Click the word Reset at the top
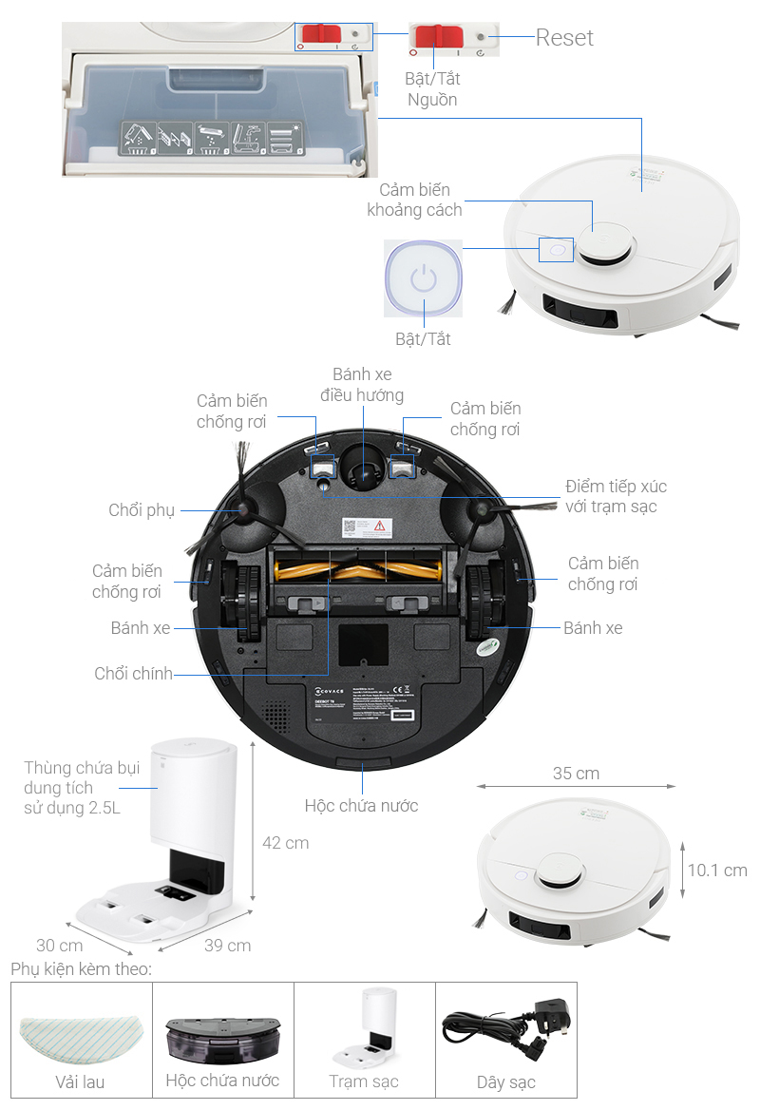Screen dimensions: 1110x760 pos(564,38)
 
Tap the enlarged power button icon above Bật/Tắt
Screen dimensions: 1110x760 pos(423,279)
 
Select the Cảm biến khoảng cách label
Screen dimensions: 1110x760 pos(415,200)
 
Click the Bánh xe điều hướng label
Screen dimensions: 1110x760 pos(362,385)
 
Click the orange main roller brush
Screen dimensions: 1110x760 pos(360,572)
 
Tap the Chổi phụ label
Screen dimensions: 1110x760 pos(142,511)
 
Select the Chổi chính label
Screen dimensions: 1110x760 pos(134,674)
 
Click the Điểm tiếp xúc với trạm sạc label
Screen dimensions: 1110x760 pos(616,496)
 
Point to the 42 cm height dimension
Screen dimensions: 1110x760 pos(285,843)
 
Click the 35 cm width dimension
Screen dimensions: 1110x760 pos(576,774)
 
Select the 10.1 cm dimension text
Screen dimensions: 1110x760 pos(716,871)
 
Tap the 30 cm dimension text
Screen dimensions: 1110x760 pos(59,946)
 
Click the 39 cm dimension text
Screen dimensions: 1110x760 pos(228,946)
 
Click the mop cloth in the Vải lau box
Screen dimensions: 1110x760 pos(80,1027)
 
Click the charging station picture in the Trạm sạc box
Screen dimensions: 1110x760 pos(364,1029)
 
